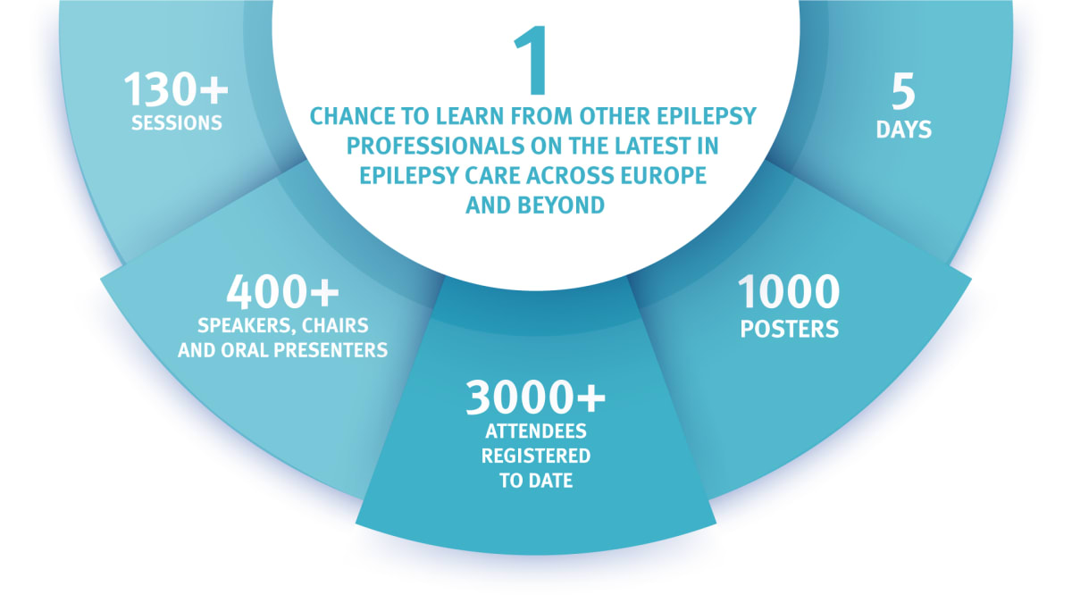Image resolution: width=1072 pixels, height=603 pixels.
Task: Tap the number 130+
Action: click(176, 90)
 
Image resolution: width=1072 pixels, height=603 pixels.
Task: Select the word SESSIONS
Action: click(177, 123)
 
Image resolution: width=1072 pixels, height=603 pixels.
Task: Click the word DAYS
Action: click(904, 130)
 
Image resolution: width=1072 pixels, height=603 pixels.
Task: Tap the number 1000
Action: click(789, 292)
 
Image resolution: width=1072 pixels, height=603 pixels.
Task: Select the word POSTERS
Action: click(790, 329)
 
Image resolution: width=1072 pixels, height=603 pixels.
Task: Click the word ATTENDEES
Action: click(536, 431)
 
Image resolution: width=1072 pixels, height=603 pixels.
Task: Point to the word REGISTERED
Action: click(536, 456)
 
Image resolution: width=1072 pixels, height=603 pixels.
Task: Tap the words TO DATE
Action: click(536, 481)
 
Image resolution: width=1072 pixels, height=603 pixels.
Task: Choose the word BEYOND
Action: click(563, 205)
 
